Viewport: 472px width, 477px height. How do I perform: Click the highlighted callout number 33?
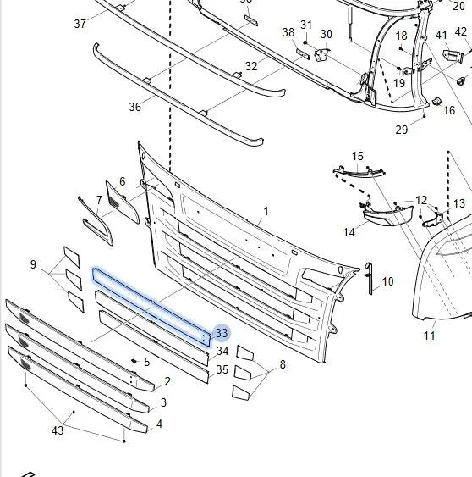pos(221,333)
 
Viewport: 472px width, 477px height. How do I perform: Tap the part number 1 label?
pos(266,211)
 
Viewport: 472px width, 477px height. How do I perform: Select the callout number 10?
pos(387,281)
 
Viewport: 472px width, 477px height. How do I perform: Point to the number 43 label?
pos(58,430)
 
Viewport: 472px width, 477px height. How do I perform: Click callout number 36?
pos(135,107)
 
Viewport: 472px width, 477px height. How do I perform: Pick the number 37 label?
pos(80,24)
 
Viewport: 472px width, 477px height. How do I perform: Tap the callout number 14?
pos(349,232)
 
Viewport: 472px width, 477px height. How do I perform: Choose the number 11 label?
pos(429,336)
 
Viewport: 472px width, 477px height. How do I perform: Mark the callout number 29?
pos(402,130)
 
